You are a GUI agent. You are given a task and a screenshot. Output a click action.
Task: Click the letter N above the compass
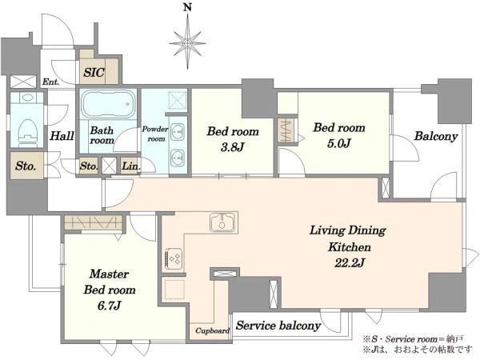coord(187,7)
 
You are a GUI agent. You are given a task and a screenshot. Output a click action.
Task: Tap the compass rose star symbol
coord(187,43)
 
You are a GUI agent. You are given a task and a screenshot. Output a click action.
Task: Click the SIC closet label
coord(94,73)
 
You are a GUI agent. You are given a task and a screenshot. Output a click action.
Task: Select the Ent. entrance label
coord(50,82)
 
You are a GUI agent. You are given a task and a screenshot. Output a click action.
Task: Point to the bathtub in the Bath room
coord(108,104)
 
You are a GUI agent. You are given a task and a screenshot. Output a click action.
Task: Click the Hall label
coord(62,136)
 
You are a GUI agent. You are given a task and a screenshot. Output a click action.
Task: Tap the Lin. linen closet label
coord(130,166)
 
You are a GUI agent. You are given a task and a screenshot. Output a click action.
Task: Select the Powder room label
coord(155,134)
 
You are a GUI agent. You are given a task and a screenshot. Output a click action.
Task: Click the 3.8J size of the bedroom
coord(232,147)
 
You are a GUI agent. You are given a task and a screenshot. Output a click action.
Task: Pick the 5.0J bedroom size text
coord(339,143)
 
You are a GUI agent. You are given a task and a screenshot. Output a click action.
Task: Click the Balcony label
coord(436,136)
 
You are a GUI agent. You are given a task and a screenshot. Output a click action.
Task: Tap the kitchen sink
coord(222,222)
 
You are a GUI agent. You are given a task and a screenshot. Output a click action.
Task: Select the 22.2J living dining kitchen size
coord(350,262)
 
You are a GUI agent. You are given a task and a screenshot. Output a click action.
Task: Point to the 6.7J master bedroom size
coord(110,306)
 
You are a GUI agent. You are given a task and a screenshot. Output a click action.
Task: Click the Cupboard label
coord(213,330)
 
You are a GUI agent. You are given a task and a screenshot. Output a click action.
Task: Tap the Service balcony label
coord(278,326)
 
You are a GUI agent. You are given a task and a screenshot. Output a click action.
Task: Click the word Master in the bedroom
coord(110,274)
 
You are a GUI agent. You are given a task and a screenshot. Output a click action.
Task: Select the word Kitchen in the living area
coord(350,246)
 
